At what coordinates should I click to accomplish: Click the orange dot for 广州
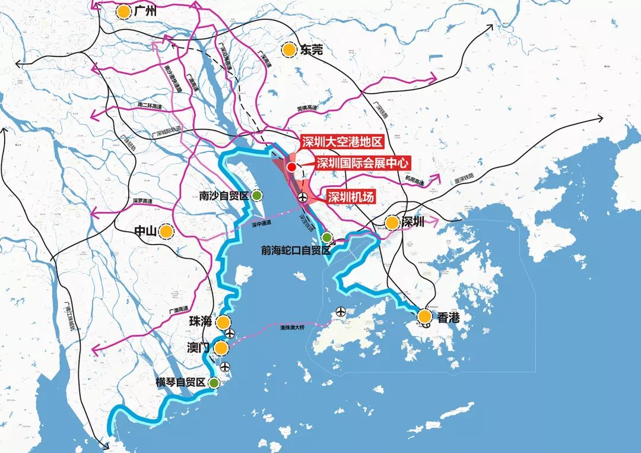123,11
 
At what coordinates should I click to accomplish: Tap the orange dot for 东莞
289,50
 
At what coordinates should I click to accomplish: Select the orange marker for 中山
166,232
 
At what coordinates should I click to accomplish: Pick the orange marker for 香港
424,317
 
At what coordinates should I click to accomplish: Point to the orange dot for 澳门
221,348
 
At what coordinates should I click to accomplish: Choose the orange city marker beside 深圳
392,223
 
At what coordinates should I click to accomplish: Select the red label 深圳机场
351,197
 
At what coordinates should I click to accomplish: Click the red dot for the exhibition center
291,167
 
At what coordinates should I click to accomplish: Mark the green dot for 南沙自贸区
257,195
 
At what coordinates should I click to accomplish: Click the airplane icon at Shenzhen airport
303,197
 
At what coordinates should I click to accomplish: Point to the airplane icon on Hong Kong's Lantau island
341,311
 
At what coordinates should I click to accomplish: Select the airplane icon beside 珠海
230,333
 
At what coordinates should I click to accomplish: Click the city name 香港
448,318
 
